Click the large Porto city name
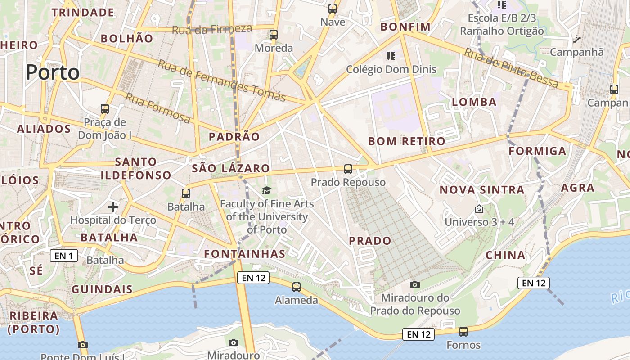[53, 72]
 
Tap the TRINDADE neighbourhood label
[83, 13]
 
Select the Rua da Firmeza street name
[212, 29]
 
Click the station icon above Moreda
[274, 35]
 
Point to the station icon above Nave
[333, 9]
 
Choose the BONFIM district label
[405, 27]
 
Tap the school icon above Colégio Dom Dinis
[391, 56]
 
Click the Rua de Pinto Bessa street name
[511, 68]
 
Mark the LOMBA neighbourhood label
[474, 102]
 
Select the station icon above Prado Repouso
[348, 169]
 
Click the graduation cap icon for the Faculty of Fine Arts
[267, 191]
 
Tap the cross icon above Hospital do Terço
[113, 207]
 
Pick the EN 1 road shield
[63, 256]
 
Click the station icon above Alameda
[296, 287]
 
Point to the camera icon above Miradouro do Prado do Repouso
[415, 284]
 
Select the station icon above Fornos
[463, 332]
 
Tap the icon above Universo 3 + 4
[479, 209]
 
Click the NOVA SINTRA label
[482, 190]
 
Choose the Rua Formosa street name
[157, 108]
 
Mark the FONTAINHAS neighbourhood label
[245, 254]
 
